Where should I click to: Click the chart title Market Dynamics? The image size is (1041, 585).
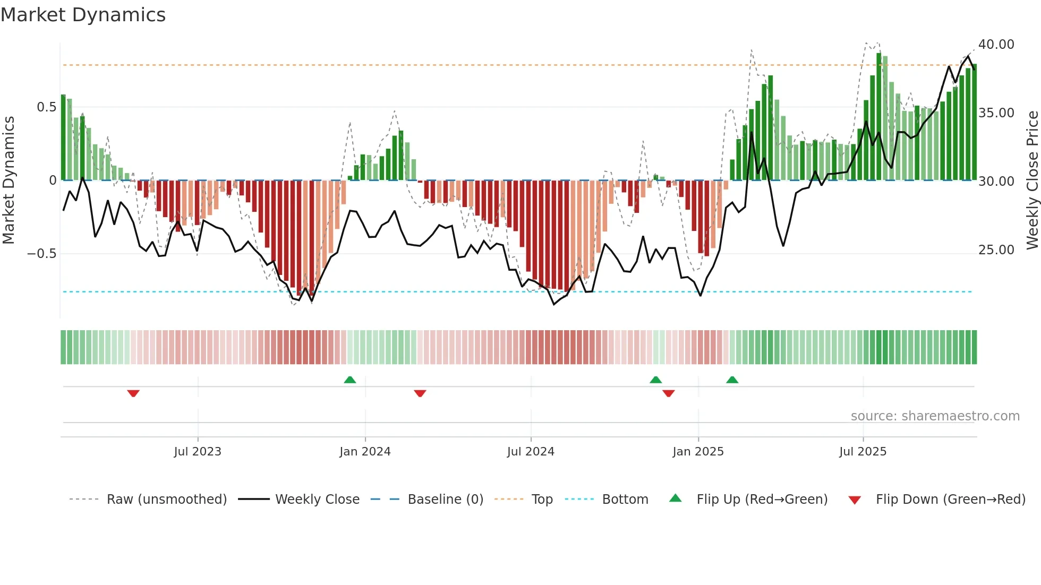(x=83, y=15)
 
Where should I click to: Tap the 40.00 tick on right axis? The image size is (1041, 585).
(x=996, y=45)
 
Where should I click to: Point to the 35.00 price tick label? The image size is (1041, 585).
(x=996, y=113)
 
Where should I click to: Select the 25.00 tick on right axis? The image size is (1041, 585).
(x=996, y=250)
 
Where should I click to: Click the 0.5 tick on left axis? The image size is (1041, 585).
(x=46, y=107)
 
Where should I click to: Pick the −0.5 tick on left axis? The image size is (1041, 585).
(x=41, y=254)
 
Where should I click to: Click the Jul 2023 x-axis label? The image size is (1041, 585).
(x=198, y=452)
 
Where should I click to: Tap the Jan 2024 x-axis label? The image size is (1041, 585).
(x=365, y=452)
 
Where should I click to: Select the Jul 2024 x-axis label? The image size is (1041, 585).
(x=531, y=452)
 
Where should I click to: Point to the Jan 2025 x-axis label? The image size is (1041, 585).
(x=698, y=452)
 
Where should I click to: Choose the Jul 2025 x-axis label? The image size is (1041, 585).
(x=863, y=452)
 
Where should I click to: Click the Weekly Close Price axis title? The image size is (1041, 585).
(x=1032, y=180)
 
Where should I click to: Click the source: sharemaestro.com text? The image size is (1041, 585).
(x=935, y=416)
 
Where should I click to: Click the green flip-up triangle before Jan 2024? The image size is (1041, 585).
(x=349, y=380)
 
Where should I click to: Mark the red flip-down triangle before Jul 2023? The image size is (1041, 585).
(x=133, y=393)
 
